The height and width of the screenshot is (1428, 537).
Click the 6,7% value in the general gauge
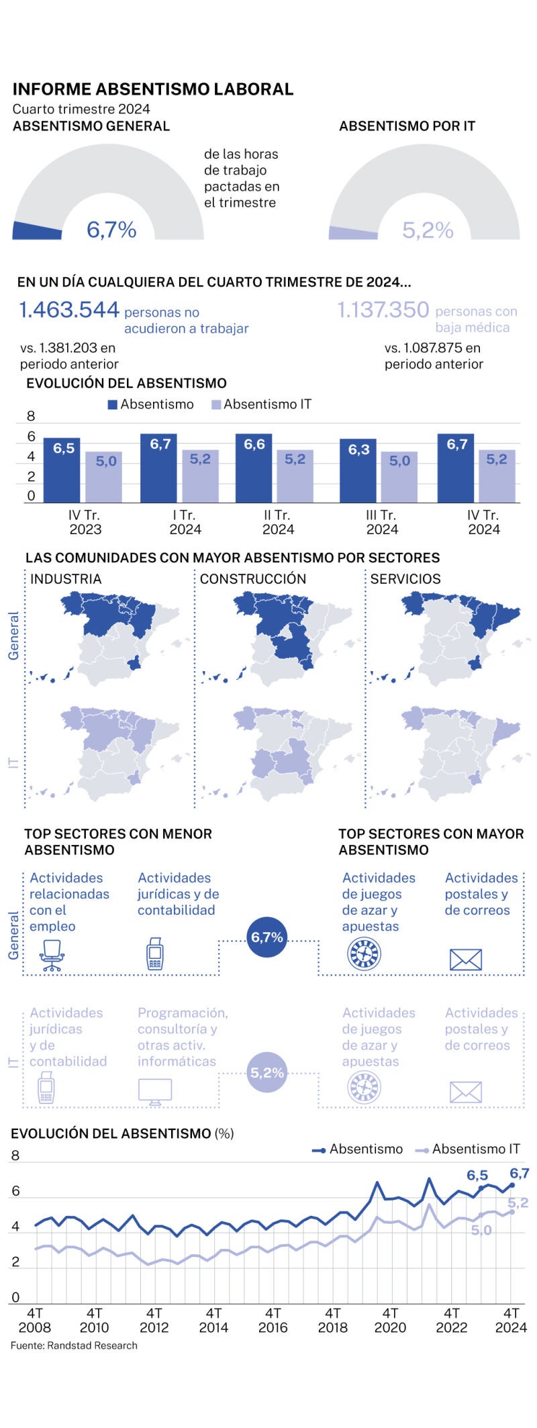(x=111, y=230)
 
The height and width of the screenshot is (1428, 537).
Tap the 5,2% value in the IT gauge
(x=428, y=231)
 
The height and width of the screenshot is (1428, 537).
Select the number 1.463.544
(x=69, y=310)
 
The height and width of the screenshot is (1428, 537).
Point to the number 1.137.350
(x=383, y=310)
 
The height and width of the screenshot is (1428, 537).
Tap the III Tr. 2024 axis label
(x=382, y=522)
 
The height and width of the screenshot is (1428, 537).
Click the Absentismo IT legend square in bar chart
(x=216, y=405)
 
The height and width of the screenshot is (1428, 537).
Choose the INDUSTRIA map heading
(x=66, y=579)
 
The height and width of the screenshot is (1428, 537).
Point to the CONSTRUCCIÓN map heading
(x=253, y=579)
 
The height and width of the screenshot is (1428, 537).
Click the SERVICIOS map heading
(x=405, y=579)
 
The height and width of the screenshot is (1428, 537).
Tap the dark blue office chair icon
(x=52, y=955)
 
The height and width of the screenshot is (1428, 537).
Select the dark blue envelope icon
(x=466, y=960)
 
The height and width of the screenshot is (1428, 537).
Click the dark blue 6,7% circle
(x=267, y=937)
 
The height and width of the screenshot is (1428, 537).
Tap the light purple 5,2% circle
(x=267, y=1072)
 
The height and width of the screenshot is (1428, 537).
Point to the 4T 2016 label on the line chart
(x=273, y=1320)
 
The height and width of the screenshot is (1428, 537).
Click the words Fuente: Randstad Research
(x=74, y=1345)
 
